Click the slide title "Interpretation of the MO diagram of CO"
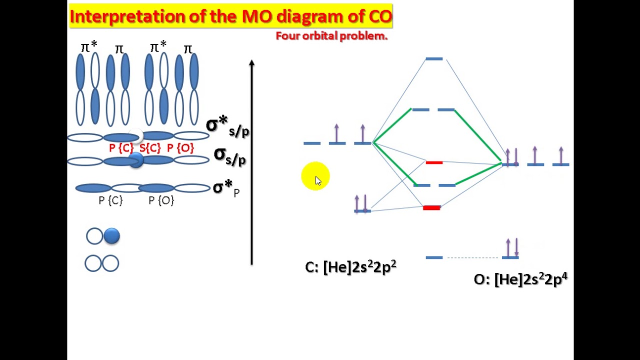click(230, 16)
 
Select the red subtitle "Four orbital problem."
click(331, 36)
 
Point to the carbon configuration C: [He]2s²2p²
click(350, 267)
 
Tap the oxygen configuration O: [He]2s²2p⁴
click(520, 279)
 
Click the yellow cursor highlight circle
click(315, 176)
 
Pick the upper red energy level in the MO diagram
click(434, 162)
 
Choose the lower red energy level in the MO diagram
click(431, 207)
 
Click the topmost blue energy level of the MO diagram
click(434, 59)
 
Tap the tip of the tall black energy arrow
click(251, 63)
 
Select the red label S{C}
click(150, 148)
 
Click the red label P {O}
click(180, 148)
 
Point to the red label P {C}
click(121, 148)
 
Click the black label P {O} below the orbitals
click(161, 200)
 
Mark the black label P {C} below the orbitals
click(110, 200)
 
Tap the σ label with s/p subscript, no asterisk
click(229, 156)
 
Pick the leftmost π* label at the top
click(89, 47)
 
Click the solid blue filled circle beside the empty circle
click(111, 236)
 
